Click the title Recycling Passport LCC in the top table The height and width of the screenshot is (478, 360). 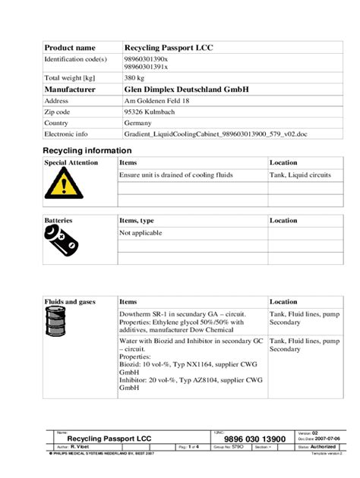(x=168, y=48)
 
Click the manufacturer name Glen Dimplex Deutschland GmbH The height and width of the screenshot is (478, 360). (x=186, y=89)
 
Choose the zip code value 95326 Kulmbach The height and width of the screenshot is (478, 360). (x=151, y=111)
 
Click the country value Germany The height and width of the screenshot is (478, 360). (x=137, y=121)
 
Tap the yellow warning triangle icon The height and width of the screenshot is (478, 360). (x=58, y=184)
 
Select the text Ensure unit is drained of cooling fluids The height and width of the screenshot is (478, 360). (x=175, y=175)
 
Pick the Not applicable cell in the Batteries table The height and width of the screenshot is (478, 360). (x=141, y=233)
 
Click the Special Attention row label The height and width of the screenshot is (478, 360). (x=71, y=162)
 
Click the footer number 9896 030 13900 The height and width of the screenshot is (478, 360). (x=254, y=439)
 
